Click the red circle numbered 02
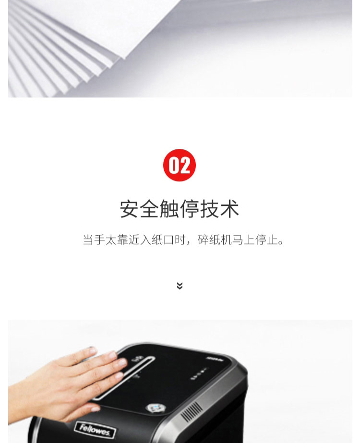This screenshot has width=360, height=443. (180, 165)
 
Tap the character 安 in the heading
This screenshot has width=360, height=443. (130, 209)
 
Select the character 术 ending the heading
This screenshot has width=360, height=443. (229, 209)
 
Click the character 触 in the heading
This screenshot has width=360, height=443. (169, 209)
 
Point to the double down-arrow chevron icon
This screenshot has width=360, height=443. (180, 286)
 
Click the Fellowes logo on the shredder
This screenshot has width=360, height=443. (95, 430)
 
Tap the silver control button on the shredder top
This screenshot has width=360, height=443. (155, 407)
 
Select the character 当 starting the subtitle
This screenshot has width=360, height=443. (88, 239)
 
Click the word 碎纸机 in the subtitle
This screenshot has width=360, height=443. (214, 239)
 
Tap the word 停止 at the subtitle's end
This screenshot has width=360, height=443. (266, 239)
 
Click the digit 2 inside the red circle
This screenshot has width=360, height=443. (185, 165)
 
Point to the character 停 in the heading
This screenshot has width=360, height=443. (189, 209)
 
